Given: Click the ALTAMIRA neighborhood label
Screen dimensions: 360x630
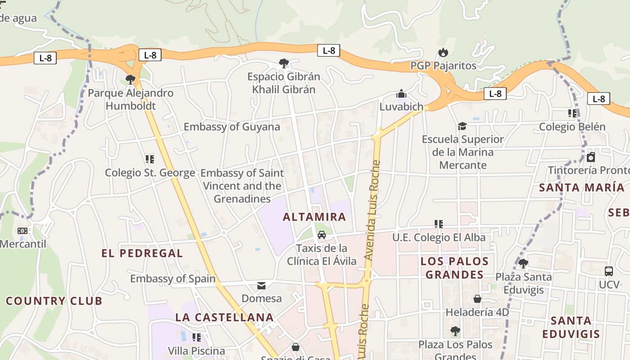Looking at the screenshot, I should click(x=314, y=217).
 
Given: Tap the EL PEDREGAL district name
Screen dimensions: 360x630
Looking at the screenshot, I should click(x=142, y=253).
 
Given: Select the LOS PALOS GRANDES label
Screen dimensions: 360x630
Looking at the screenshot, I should click(x=454, y=268).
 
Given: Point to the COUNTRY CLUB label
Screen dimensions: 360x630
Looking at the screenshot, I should click(x=54, y=301).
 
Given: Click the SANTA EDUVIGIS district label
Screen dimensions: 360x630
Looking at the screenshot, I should click(x=571, y=327).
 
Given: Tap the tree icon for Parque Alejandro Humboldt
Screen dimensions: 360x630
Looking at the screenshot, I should click(x=130, y=80).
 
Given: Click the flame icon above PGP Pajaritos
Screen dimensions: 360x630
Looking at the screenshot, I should click(x=443, y=53).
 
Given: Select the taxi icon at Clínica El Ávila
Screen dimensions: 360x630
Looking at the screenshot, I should click(x=322, y=235).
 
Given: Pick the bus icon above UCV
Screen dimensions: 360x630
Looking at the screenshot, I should click(x=609, y=271).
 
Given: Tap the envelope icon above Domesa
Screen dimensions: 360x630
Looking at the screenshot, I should click(x=261, y=285).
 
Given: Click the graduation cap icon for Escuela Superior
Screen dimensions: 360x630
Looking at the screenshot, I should click(x=462, y=126).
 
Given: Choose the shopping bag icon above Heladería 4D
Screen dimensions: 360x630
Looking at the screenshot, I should click(x=477, y=299).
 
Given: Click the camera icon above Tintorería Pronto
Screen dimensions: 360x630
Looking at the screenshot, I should click(x=591, y=157).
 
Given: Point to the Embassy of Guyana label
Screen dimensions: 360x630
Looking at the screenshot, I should click(x=232, y=127).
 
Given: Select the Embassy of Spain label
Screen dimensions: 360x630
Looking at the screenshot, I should click(x=173, y=279).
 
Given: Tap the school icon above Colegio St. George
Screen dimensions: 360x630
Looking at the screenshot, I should click(x=150, y=159).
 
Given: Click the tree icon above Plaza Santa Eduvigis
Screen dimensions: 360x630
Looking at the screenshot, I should click(x=522, y=263).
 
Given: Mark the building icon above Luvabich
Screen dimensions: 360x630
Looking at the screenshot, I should click(x=401, y=94).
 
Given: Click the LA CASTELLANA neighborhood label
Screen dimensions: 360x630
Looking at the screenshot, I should click(x=225, y=317).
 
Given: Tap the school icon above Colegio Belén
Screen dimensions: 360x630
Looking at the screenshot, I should click(x=572, y=113).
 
